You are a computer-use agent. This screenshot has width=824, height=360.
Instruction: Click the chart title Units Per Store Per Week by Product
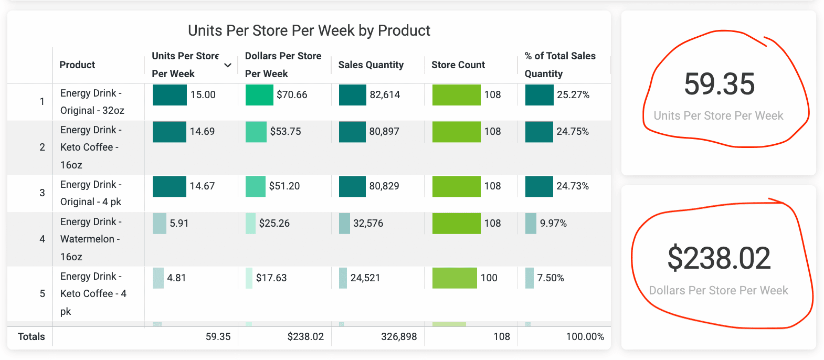[309, 30]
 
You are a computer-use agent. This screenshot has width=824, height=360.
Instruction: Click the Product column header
[77, 65]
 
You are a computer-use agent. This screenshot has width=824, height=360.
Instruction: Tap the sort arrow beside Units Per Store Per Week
[228, 65]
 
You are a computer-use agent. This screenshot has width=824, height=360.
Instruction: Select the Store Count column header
[458, 65]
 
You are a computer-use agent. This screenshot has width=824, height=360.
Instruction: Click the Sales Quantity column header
[371, 65]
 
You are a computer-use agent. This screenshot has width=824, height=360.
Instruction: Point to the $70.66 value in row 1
[292, 94]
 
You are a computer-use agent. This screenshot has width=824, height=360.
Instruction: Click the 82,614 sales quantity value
[385, 94]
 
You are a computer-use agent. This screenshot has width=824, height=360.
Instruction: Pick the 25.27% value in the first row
[573, 94]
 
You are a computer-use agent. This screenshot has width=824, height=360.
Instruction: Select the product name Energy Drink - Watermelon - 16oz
[90, 239]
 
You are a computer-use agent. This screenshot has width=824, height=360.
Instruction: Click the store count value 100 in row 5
[489, 278]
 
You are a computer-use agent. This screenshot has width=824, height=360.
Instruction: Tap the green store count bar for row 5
[455, 278]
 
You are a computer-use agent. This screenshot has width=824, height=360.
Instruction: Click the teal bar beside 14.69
[169, 132]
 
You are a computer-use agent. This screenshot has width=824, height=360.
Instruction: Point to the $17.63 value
[271, 278]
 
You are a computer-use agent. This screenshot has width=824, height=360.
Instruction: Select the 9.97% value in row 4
[553, 223]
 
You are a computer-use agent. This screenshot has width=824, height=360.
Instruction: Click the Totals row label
[31, 336]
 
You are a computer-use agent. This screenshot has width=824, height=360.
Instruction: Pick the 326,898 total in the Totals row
[399, 336]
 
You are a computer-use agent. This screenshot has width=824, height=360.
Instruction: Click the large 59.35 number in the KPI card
[719, 84]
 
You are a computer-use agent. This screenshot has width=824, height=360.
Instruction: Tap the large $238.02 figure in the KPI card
[719, 258]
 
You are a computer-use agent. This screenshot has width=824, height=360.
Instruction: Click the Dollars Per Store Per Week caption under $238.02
[719, 290]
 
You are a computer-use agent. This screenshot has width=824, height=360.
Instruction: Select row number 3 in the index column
[42, 193]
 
